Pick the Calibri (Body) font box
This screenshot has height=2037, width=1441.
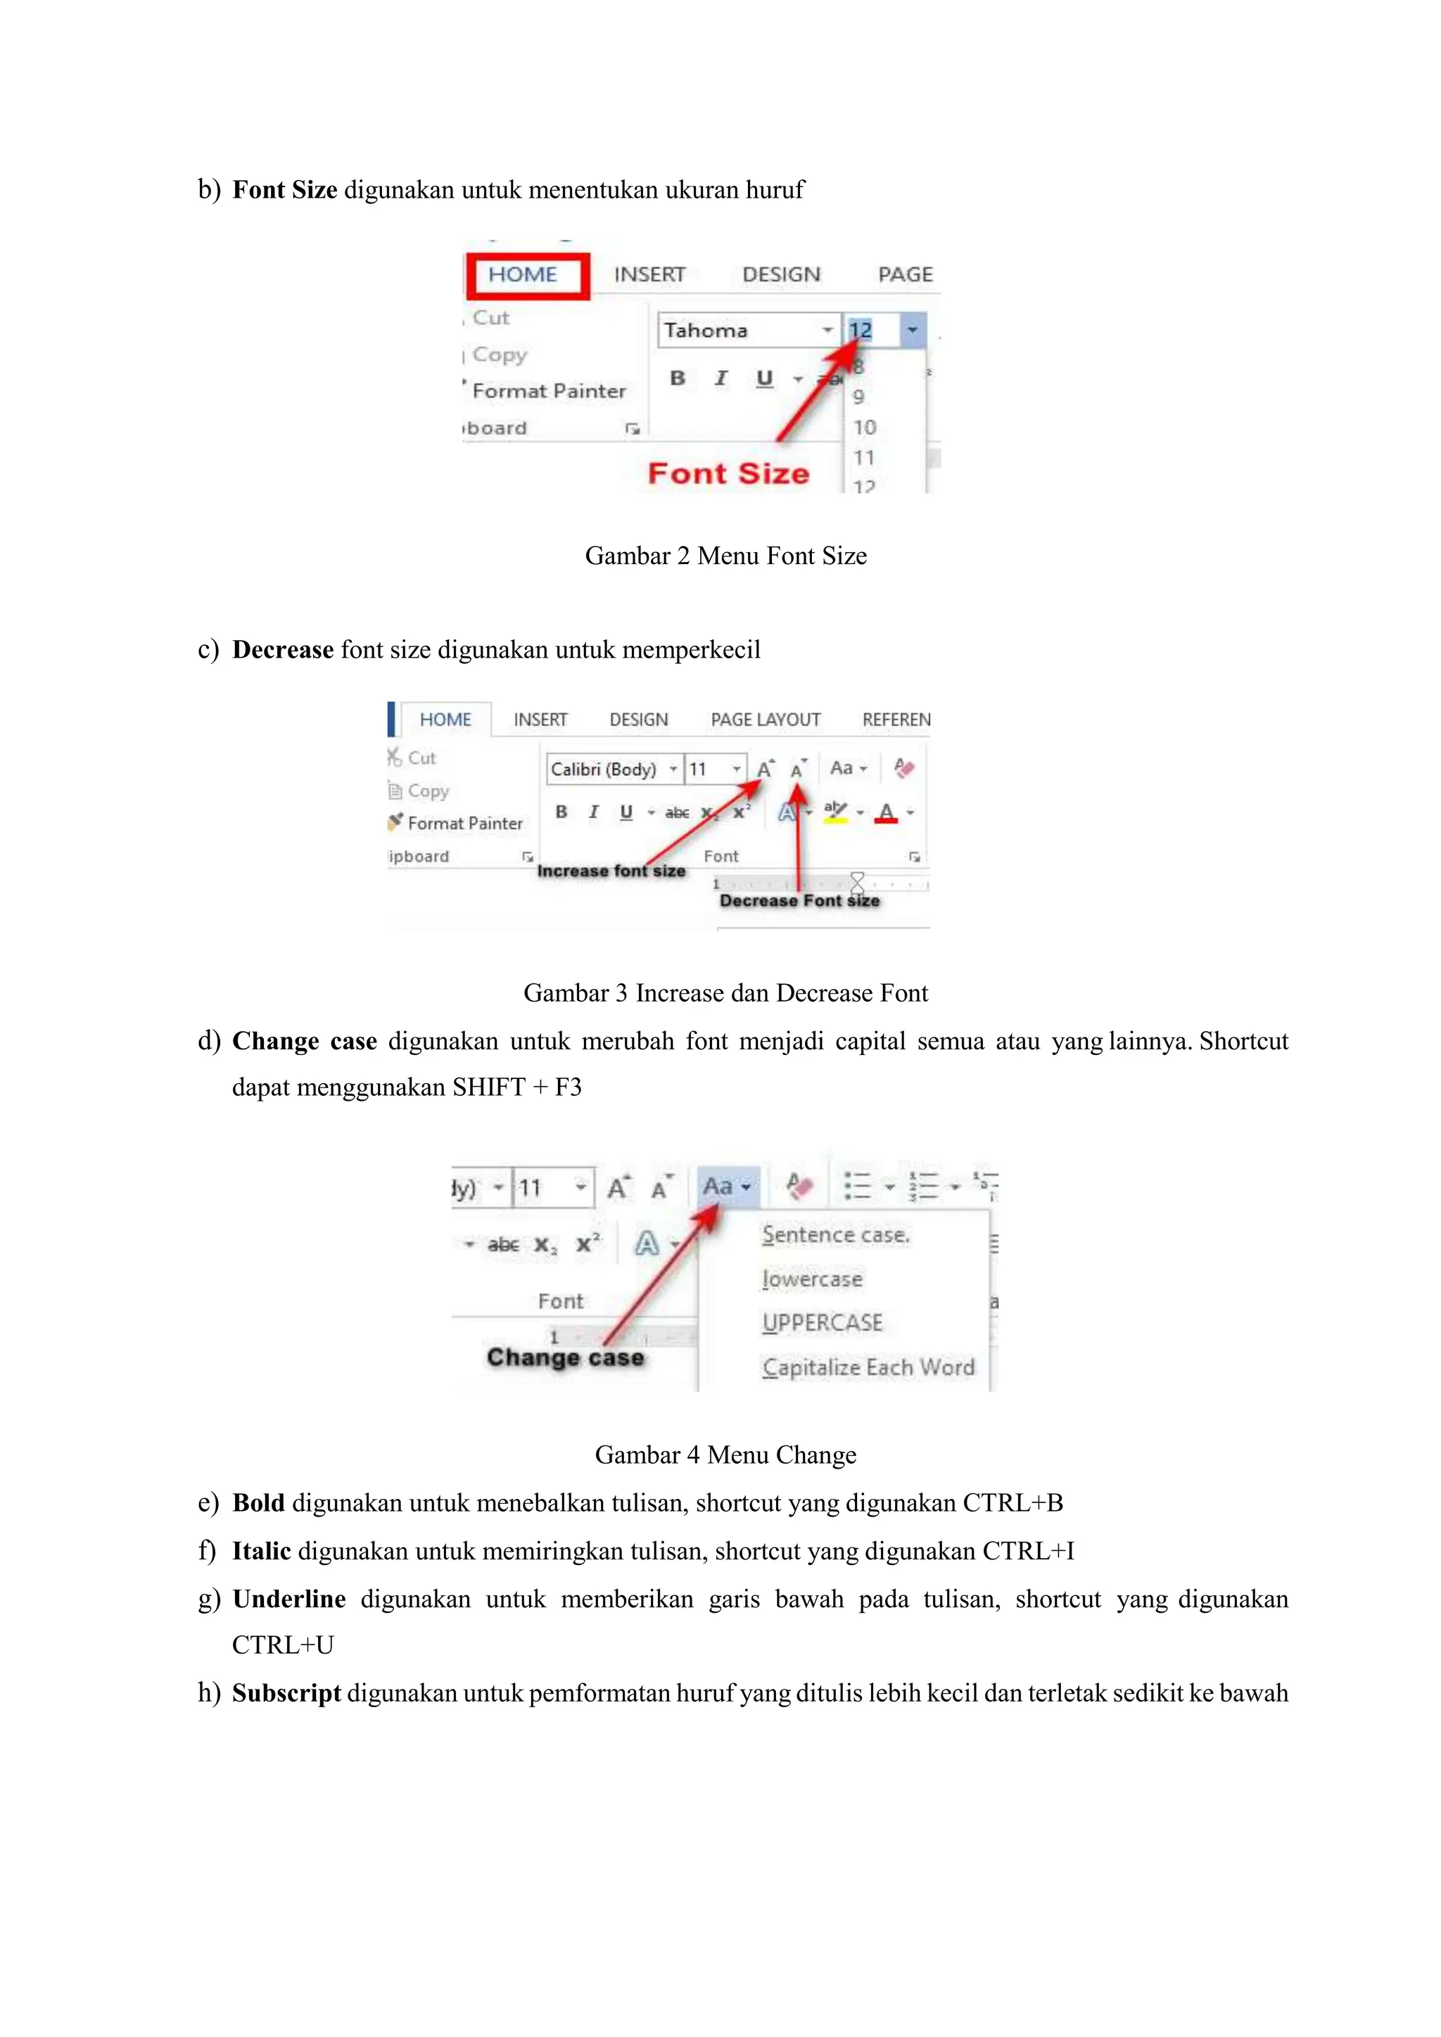click(606, 770)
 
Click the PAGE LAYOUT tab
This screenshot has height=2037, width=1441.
click(765, 720)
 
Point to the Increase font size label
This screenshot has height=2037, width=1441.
click(611, 871)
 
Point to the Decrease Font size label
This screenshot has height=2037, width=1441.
click(799, 900)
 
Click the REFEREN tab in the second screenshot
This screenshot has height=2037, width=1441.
click(895, 720)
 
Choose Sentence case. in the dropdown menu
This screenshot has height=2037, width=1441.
click(836, 1235)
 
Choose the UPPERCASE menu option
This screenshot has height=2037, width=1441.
click(823, 1323)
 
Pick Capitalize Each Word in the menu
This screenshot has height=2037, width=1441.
click(868, 1367)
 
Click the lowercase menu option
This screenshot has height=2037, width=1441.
click(812, 1279)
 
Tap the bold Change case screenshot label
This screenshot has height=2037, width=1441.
click(565, 1358)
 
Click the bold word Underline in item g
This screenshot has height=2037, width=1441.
click(288, 1599)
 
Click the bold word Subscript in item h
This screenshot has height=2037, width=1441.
click(286, 1693)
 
